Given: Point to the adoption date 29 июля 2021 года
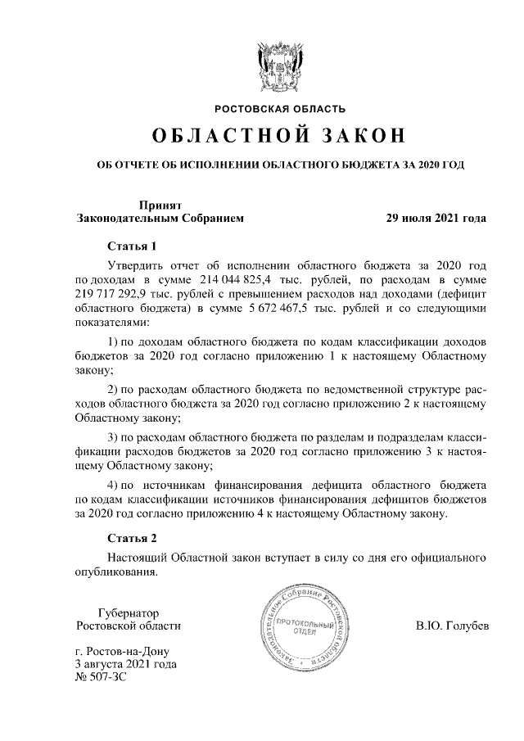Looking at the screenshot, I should click(x=436, y=219).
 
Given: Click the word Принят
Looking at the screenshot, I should click(x=159, y=206).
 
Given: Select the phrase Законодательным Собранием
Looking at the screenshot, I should click(x=159, y=219).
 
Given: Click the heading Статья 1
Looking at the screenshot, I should click(x=132, y=246).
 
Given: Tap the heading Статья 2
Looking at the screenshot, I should click(x=132, y=538).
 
